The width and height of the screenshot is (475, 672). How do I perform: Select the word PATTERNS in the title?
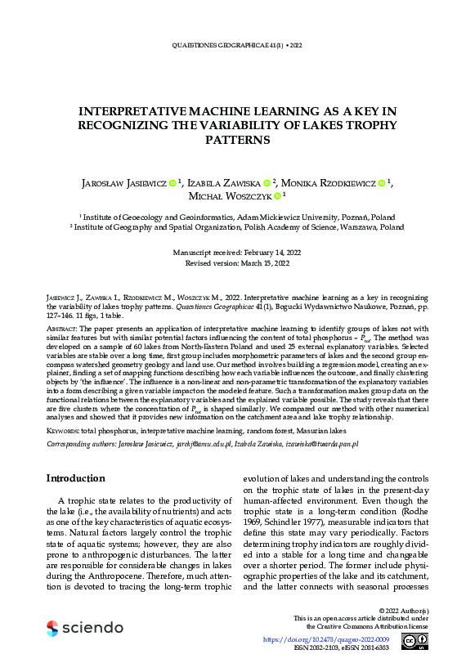tap(237, 140)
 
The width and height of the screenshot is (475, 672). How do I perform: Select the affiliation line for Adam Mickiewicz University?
tap(237, 217)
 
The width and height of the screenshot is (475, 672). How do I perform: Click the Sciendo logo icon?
tap(52, 628)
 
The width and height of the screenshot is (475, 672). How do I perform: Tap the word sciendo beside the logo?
tap(87, 628)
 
